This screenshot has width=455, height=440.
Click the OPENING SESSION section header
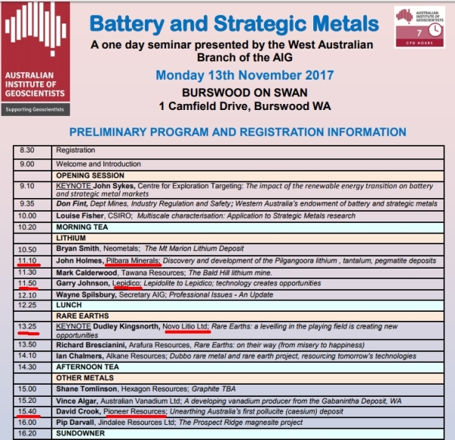(83, 174)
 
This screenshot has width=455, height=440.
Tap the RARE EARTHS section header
(78, 316)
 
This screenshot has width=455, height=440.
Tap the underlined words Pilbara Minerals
(133, 260)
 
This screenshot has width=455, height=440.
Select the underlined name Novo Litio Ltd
(185, 327)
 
